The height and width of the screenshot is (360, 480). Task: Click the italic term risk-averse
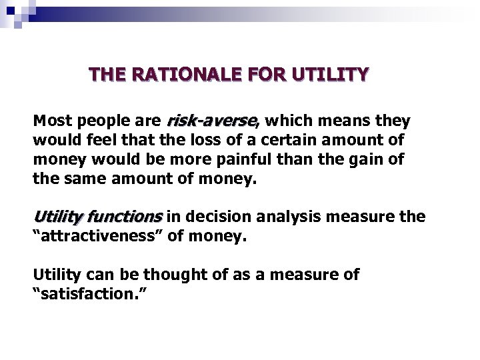pyautogui.click(x=211, y=122)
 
